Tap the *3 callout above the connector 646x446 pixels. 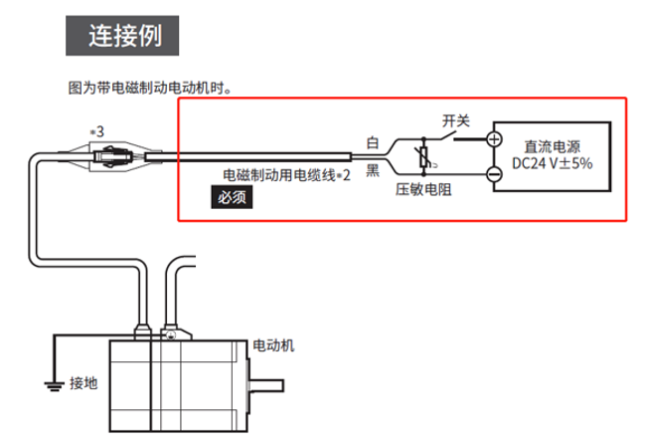coord(96,130)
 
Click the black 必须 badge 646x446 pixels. coord(232,196)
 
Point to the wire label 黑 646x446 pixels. coord(374,169)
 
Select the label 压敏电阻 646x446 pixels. coord(423,189)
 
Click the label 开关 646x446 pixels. coord(455,120)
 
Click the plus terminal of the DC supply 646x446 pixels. coord(494,138)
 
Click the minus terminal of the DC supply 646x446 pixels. coord(494,175)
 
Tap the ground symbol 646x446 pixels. coord(48,381)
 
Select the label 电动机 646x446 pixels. coord(274,345)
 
